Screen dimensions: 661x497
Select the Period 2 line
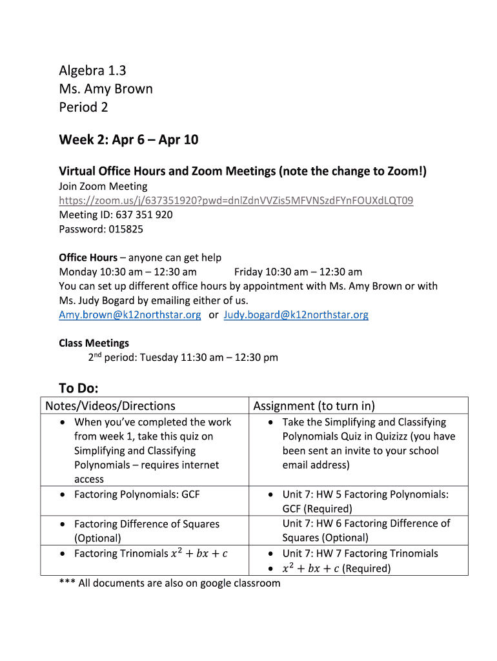(x=83, y=107)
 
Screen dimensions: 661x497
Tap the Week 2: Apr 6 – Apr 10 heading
(x=128, y=140)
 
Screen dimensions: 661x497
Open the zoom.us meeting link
(x=236, y=201)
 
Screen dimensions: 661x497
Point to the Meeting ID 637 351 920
(x=116, y=215)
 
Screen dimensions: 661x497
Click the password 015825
(x=101, y=229)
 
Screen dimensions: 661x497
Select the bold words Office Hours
(x=88, y=258)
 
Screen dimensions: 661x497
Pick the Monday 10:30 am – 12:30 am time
(x=128, y=272)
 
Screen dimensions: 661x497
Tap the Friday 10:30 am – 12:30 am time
(x=298, y=272)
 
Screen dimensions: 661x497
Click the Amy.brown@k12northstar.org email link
(x=130, y=315)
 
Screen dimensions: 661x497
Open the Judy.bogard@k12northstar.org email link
(x=296, y=315)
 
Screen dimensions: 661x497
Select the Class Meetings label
(x=94, y=343)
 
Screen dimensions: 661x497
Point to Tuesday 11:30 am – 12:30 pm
(x=208, y=357)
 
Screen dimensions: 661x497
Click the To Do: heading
(x=78, y=388)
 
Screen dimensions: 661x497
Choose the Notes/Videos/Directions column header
(x=108, y=406)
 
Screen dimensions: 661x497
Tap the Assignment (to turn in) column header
(x=314, y=406)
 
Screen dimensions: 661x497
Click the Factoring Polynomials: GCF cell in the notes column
(x=137, y=494)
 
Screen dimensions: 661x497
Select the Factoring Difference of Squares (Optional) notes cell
(x=147, y=531)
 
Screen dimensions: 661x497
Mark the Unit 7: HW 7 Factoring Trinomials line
(x=360, y=554)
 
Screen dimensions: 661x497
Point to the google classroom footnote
(x=170, y=584)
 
